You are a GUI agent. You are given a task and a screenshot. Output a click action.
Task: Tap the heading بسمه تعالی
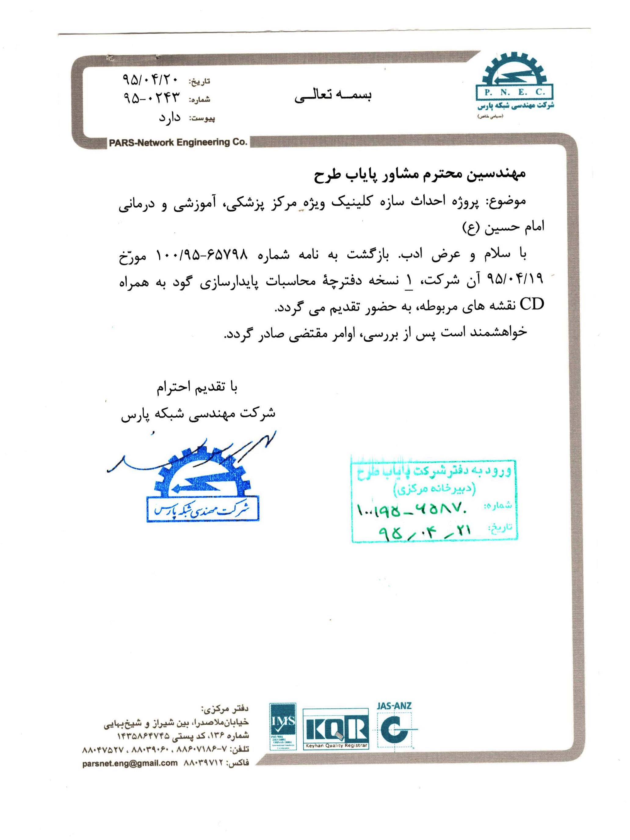(333, 95)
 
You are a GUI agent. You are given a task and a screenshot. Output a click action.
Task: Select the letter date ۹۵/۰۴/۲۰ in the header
(149, 79)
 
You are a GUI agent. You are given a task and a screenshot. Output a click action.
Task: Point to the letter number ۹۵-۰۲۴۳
(151, 98)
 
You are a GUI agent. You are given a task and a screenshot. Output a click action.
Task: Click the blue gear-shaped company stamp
(203, 484)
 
